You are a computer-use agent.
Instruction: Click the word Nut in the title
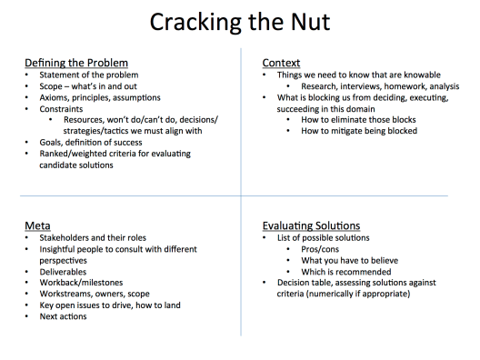[310, 22]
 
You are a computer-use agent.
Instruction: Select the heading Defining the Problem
[76, 63]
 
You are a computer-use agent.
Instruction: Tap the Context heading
[281, 63]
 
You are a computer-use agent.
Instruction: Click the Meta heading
[37, 225]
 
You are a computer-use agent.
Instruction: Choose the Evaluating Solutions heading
[311, 225]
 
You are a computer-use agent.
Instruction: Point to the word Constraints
[61, 109]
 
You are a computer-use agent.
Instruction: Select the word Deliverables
[63, 272]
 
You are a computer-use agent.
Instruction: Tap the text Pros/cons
[320, 249]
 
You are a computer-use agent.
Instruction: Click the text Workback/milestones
[81, 283]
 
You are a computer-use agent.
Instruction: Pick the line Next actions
[63, 316]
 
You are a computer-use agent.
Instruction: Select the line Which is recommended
[346, 272]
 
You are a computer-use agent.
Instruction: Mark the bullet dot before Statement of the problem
[26, 75]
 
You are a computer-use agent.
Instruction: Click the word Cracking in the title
[195, 23]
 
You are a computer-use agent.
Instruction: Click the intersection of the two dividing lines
[241, 195]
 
